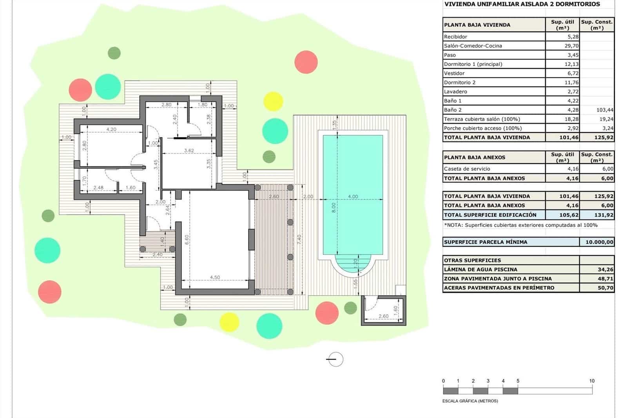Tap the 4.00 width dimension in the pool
(353, 196)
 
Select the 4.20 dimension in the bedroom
(111, 129)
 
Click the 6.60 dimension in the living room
(187, 239)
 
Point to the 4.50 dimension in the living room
(215, 277)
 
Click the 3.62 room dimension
(189, 151)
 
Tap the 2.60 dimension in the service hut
(383, 316)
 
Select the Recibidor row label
(455, 37)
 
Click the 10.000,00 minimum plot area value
(599, 242)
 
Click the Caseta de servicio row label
(467, 169)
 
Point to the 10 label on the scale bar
(592, 381)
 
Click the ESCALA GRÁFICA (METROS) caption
(470, 401)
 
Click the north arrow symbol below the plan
(335, 359)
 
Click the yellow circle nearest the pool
(273, 101)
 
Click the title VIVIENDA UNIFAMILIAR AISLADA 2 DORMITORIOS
(522, 4)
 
